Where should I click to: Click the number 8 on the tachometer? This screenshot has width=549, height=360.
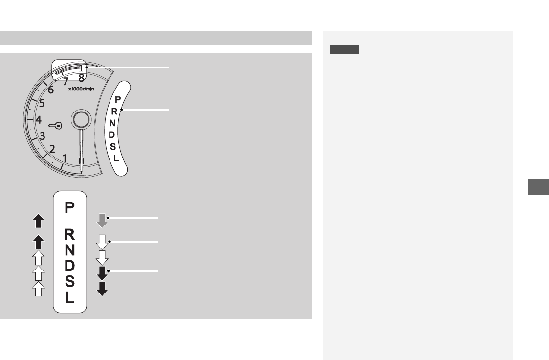81,78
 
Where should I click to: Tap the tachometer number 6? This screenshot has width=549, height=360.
51,90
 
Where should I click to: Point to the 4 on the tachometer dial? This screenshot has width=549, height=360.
39,120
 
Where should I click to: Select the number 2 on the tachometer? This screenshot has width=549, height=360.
52,149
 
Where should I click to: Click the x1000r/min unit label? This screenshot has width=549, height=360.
81,89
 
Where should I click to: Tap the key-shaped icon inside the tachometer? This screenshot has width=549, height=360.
55,125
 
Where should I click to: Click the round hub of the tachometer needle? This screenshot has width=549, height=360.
81,119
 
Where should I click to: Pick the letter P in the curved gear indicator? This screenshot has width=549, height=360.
118,100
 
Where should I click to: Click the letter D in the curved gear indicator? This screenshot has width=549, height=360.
111,135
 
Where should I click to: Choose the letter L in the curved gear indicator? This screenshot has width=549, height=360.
116,158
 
